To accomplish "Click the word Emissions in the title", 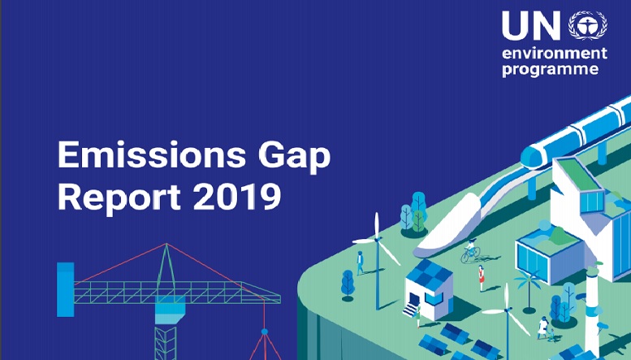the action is click(152, 154).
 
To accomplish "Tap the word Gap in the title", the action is click(294, 157).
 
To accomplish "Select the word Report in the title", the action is click(120, 197).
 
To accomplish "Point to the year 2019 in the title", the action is click(237, 197).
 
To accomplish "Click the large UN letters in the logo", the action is click(531, 25).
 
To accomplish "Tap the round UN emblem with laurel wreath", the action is click(587, 25).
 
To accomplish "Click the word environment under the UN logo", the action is click(555, 53).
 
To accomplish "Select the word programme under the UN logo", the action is click(550, 69).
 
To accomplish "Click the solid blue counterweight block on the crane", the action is click(65, 289).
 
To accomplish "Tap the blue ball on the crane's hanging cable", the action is click(265, 332).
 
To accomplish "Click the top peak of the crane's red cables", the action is click(166, 243).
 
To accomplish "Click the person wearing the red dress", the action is click(481, 278).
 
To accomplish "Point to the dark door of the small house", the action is click(413, 300).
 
